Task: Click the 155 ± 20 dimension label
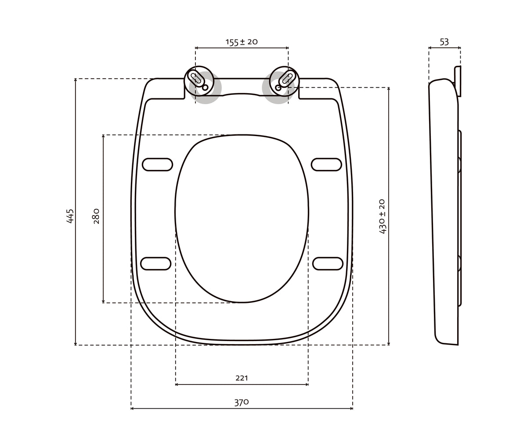click(242, 42)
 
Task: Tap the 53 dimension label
click(444, 42)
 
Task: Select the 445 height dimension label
click(70, 216)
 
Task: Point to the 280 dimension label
click(96, 216)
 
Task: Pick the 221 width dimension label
click(242, 378)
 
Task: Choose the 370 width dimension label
click(242, 403)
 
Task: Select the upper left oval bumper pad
click(157, 164)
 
